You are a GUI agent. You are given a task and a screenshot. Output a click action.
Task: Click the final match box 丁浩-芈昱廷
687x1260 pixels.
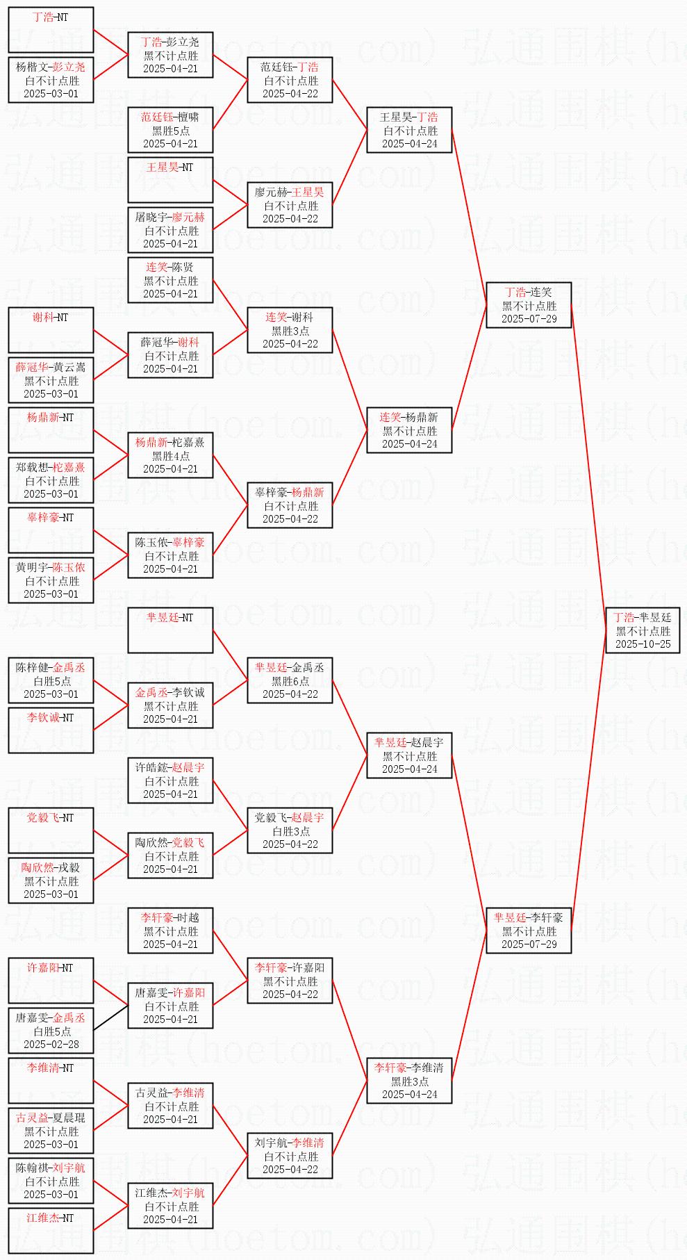click(x=643, y=630)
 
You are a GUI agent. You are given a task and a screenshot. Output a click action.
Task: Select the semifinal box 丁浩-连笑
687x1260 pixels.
click(x=529, y=305)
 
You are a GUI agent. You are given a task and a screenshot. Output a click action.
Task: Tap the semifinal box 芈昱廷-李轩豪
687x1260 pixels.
click(x=529, y=931)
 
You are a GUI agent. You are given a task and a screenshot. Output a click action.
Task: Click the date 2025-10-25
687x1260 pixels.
click(x=643, y=644)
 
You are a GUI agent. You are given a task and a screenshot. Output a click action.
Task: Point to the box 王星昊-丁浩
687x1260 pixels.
click(x=409, y=130)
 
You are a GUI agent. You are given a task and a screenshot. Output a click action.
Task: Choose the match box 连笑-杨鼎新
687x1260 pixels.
click(x=409, y=430)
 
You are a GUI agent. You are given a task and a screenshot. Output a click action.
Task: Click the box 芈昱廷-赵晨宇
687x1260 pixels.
click(x=409, y=755)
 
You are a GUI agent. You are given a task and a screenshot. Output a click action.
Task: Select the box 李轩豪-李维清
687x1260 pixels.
click(x=409, y=1081)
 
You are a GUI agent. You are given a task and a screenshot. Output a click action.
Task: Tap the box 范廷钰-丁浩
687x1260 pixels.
click(x=290, y=80)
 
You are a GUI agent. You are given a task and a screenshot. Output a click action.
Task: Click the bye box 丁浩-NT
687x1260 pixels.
click(x=51, y=30)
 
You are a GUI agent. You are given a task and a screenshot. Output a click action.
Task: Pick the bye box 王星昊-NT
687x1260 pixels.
click(x=170, y=180)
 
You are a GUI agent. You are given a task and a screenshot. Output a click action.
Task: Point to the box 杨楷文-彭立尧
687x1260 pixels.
click(x=51, y=80)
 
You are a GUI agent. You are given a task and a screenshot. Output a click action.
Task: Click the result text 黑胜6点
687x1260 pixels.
click(x=290, y=681)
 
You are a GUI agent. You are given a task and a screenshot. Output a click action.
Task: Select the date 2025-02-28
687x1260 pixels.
click(x=51, y=1044)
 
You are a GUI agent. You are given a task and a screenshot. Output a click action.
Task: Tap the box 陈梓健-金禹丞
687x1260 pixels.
click(x=51, y=680)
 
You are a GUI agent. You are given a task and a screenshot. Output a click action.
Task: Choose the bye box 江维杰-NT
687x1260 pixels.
click(x=51, y=1231)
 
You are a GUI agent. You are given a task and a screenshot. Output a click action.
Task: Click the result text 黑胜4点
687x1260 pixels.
click(x=170, y=456)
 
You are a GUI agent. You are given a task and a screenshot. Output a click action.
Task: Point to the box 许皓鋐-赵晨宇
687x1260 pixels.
click(x=170, y=780)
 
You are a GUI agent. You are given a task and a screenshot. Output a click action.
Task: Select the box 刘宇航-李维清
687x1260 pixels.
click(x=290, y=1156)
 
